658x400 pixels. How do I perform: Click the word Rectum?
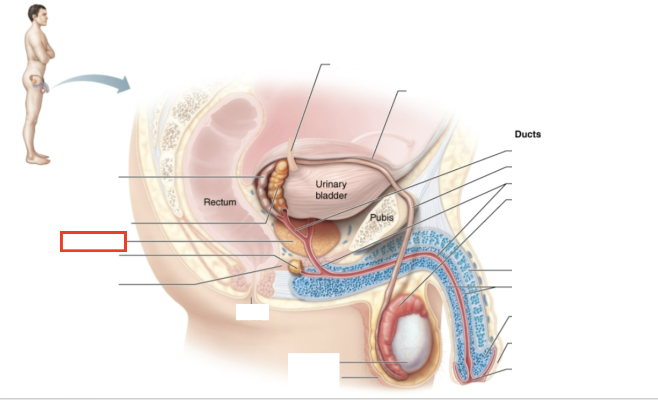220,202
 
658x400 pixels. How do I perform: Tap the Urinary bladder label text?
331,189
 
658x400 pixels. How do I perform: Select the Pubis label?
382,217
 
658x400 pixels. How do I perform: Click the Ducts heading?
528,134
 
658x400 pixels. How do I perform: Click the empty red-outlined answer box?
93,242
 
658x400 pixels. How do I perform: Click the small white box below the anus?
252,312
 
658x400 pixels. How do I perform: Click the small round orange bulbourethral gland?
295,266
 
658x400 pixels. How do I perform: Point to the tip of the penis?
474,378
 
